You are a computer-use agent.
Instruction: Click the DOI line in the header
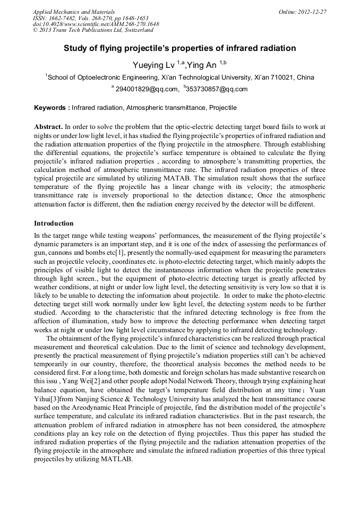pos(96,24)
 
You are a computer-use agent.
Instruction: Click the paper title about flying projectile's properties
pos(180,48)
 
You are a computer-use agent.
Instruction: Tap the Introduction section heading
pos(54,223)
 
